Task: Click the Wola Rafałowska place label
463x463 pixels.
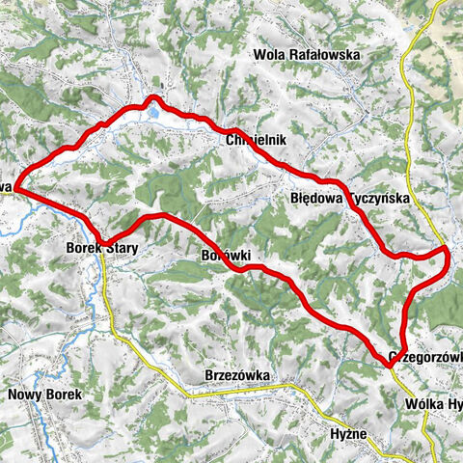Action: [x=307, y=55]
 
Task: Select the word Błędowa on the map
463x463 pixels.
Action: [x=314, y=197]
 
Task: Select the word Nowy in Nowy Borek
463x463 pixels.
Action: [x=23, y=395]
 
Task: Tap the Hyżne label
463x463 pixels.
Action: [x=348, y=434]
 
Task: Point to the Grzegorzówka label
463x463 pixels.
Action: [x=424, y=355]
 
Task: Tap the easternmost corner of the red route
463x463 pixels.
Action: [x=449, y=249]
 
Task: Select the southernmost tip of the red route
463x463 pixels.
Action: [x=391, y=363]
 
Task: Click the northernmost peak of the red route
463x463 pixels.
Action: [x=151, y=97]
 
